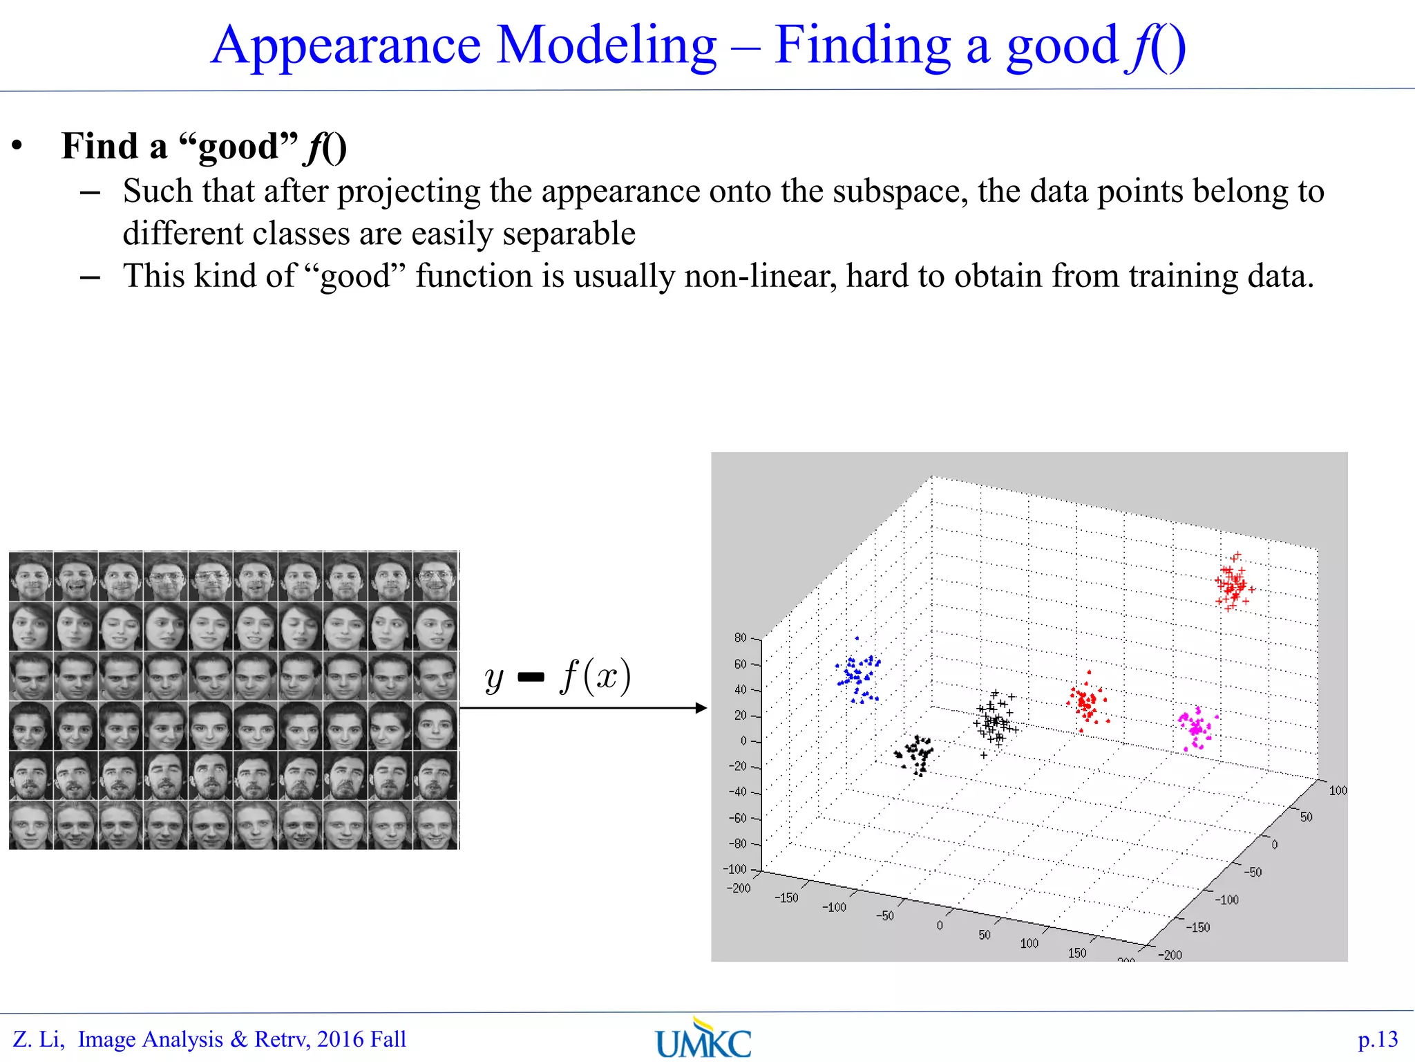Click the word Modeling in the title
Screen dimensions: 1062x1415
[606, 46]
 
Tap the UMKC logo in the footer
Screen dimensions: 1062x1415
[703, 1039]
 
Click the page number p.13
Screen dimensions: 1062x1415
[1377, 1039]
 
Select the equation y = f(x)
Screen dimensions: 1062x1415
[558, 677]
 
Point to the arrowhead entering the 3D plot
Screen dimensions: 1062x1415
[701, 707]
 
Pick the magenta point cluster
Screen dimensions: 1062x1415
[1196, 728]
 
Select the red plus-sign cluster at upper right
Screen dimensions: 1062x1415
[1233, 583]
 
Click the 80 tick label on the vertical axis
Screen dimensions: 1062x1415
[740, 637]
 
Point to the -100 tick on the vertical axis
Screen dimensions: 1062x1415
[735, 869]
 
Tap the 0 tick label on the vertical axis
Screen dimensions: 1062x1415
[743, 740]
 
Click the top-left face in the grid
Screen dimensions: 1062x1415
[31, 576]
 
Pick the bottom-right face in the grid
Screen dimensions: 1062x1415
[436, 825]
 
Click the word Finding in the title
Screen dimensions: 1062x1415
[862, 46]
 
